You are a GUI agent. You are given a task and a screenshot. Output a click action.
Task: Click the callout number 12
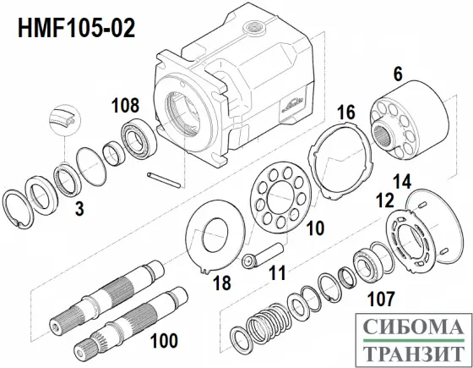pos(384,200)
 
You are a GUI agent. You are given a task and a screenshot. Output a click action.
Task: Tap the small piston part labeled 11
pos(256,255)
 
